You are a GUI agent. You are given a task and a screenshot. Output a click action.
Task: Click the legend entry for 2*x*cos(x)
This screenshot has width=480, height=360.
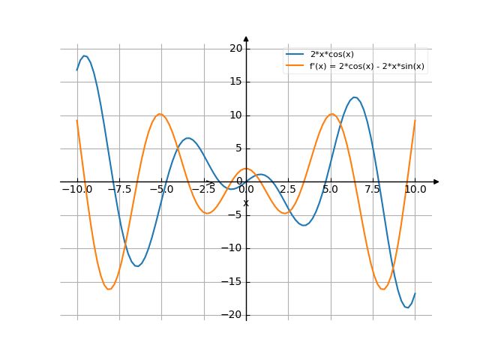click(331, 54)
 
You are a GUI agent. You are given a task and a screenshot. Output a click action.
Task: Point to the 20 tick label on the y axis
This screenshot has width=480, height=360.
click(236, 49)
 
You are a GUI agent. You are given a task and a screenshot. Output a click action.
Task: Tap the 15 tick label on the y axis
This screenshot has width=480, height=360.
click(236, 82)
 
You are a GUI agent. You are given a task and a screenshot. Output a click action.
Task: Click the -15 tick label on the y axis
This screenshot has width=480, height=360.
click(234, 282)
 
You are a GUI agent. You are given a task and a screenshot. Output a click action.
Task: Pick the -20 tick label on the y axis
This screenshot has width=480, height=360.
click(234, 315)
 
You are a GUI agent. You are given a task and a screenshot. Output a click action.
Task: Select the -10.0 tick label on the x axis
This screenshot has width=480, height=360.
click(76, 190)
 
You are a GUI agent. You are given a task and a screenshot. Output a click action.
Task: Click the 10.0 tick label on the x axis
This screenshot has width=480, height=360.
click(415, 190)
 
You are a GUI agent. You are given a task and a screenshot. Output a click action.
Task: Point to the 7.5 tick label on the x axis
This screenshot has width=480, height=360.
click(373, 190)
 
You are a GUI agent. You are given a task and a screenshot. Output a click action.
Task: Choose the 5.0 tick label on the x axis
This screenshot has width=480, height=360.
click(330, 190)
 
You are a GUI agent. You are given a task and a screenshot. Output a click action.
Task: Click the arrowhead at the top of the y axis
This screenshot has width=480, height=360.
click(246, 38)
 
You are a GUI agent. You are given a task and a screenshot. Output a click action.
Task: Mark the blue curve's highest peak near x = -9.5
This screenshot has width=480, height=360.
click(85, 55)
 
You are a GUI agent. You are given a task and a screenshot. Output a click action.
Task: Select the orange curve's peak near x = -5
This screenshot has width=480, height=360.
click(160, 114)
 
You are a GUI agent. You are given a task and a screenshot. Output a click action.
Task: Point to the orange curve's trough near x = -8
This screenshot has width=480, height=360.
click(109, 289)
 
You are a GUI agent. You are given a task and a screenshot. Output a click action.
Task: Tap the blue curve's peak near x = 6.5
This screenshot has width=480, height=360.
click(355, 97)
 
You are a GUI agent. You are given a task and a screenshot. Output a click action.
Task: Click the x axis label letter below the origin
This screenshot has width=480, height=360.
click(245, 203)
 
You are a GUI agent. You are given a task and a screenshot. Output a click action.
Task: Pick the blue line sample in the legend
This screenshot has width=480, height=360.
click(295, 54)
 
